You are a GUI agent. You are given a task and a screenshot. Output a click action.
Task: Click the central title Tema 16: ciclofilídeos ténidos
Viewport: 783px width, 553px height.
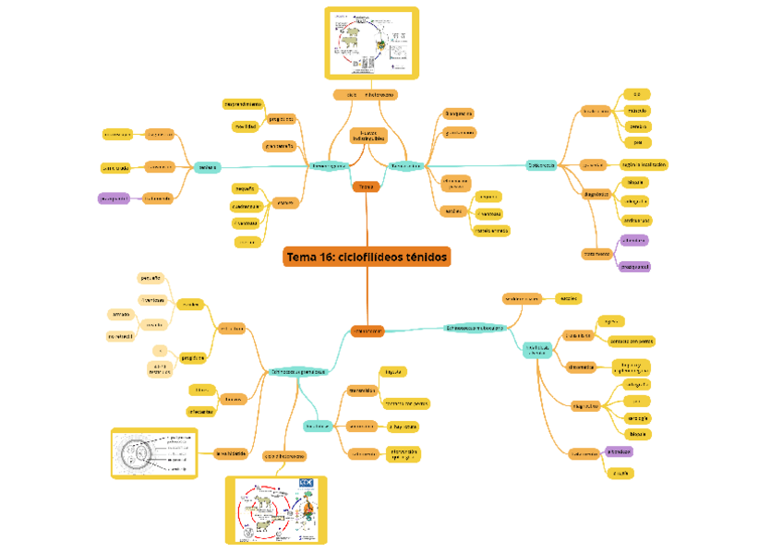(x=367, y=257)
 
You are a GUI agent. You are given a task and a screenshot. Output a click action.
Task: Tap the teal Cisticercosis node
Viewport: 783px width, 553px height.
(x=542, y=165)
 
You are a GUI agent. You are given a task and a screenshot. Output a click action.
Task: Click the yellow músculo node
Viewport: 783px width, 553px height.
(x=637, y=110)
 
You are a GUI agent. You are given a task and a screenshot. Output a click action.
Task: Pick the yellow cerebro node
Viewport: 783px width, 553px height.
(x=637, y=126)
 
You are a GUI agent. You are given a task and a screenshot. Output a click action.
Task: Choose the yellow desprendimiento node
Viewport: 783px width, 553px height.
(x=243, y=103)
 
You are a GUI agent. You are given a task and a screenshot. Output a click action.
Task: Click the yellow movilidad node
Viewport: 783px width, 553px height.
(x=245, y=126)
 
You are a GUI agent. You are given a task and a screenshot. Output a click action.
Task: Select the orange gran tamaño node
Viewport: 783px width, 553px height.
(x=280, y=146)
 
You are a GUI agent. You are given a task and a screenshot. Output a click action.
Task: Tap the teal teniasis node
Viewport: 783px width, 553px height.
(x=207, y=167)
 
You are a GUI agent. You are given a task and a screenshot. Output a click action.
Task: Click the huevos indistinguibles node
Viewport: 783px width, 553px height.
(x=368, y=136)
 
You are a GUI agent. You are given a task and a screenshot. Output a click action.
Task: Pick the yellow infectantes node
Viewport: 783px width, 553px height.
(x=202, y=411)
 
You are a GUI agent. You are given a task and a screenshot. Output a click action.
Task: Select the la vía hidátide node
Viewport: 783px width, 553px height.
(x=230, y=453)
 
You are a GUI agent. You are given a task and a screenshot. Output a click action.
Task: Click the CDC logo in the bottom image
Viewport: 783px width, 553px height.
(x=307, y=483)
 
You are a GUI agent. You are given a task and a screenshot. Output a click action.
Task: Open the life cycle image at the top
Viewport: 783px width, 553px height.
(x=371, y=43)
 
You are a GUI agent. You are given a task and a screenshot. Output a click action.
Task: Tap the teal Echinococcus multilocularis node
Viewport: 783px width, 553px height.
(x=475, y=327)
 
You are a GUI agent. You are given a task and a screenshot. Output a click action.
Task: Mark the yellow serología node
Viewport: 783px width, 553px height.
(x=636, y=417)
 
